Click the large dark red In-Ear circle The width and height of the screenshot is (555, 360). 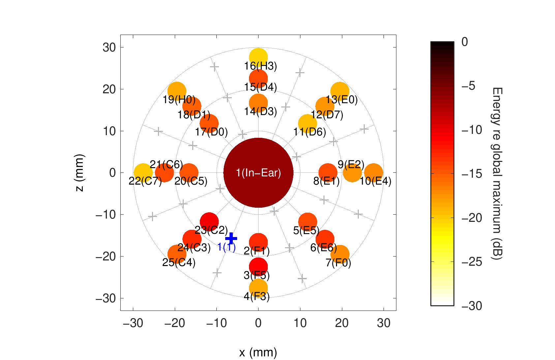258,172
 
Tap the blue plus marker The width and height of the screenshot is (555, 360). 231,238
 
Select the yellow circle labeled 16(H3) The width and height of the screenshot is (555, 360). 258,57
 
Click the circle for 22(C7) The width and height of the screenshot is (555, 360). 143,172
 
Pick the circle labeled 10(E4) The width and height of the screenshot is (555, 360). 373,172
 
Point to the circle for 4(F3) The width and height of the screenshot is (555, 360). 258,288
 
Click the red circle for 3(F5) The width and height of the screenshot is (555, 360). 258,266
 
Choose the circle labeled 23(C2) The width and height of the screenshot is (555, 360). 209,222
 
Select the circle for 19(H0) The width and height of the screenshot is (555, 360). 177,91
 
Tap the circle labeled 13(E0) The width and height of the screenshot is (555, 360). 340,91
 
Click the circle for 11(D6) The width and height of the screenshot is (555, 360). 307,123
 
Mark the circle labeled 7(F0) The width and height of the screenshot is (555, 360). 340,254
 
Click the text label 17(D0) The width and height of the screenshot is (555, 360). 211,133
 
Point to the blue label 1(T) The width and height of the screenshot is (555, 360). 227,247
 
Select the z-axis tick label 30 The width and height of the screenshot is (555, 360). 109,47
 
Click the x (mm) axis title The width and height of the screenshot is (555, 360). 258,352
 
